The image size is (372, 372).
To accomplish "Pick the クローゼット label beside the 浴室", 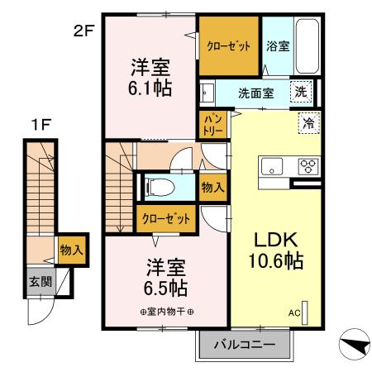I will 228,46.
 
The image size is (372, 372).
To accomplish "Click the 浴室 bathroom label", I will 277,46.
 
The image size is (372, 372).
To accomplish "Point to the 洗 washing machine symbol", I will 303,93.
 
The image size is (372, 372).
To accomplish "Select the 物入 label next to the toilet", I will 212,188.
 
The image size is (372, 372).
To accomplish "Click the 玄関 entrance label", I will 39,282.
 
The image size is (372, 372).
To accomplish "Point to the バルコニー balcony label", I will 245,343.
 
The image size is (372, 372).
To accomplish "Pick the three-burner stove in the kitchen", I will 308,165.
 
